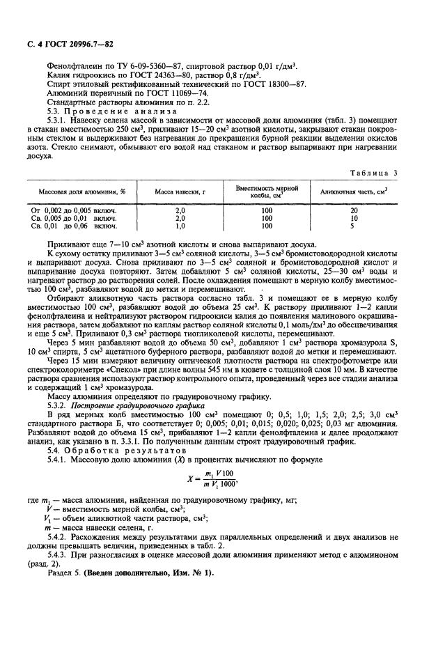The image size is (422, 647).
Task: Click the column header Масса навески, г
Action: click(179, 191)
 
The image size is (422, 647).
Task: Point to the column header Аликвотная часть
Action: click(353, 191)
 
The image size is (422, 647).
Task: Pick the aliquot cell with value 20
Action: click(354, 210)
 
